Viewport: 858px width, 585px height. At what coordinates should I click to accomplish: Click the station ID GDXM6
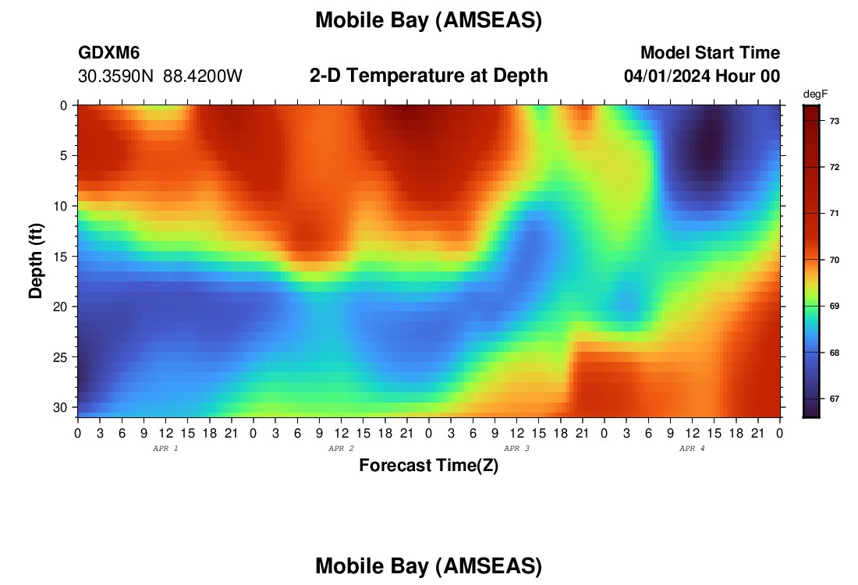point(109,52)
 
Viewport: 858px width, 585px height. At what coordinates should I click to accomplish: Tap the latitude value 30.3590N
point(115,76)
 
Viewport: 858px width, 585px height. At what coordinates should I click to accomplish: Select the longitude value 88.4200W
point(203,76)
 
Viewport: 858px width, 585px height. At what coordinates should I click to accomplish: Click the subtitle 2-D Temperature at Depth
point(428,76)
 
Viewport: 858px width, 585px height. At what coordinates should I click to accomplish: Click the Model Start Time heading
point(711,52)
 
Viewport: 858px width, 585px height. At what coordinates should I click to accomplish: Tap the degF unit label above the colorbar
point(815,94)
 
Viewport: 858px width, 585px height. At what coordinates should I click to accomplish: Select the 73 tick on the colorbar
point(835,121)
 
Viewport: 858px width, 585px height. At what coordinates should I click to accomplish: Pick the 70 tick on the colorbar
point(835,260)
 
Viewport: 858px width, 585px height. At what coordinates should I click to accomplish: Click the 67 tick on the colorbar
point(835,399)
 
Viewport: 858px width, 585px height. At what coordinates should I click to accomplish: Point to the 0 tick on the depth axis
point(64,105)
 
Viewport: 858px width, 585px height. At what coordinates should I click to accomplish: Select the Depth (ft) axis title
point(36,261)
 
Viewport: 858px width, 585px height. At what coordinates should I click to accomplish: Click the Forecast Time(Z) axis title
point(428,466)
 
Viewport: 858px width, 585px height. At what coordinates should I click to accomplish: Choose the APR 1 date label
point(165,448)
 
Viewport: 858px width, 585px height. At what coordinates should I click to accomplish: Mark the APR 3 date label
point(516,448)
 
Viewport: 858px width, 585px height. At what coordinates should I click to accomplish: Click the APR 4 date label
point(692,448)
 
